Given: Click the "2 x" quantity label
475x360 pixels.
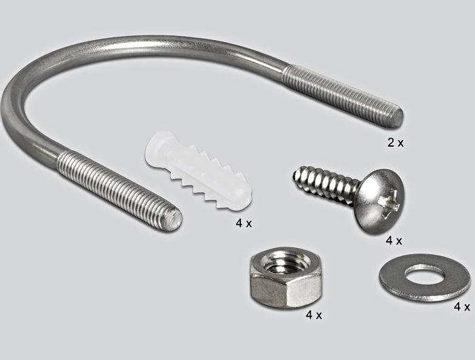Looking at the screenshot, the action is pos(396,143).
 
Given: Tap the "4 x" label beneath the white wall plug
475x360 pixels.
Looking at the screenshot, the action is pos(244,223).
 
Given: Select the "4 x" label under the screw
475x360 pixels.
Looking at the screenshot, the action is pos(394,241).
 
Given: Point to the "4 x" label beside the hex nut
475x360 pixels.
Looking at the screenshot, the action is pos(313,315).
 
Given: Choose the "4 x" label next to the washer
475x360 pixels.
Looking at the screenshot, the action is pos(462,306).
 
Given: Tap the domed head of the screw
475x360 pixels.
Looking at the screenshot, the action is pos(381,201).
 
